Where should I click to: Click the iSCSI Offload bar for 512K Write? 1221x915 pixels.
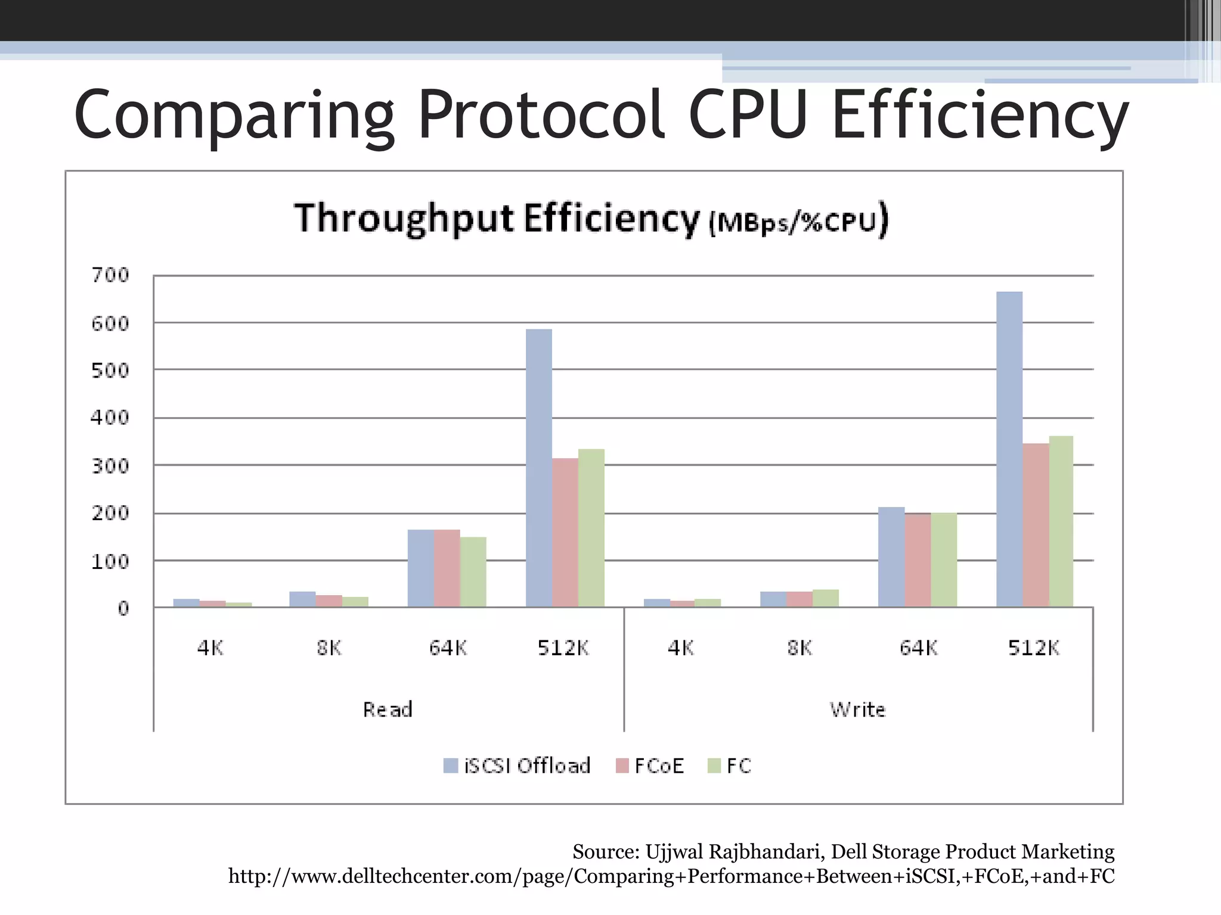click(1009, 450)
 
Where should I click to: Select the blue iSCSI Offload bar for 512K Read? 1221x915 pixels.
click(539, 468)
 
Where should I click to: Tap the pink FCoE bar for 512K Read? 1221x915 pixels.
click(565, 533)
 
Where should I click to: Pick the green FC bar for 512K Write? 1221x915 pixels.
click(1061, 522)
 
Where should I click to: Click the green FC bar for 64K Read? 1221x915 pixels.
click(473, 572)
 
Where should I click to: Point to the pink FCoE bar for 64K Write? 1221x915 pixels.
click(918, 560)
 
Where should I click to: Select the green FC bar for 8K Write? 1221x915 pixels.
click(826, 598)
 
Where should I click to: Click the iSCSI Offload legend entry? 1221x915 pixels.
click(517, 765)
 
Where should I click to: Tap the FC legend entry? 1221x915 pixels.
click(730, 765)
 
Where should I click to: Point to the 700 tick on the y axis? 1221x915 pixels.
click(110, 275)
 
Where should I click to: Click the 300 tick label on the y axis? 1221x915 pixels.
click(110, 466)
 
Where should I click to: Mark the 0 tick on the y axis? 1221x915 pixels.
click(123, 609)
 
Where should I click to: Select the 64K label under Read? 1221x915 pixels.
click(448, 648)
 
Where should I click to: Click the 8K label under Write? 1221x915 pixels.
click(799, 648)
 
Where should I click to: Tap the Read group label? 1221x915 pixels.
click(388, 709)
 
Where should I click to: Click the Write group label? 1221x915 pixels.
click(857, 709)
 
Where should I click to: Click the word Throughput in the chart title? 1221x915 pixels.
click(404, 219)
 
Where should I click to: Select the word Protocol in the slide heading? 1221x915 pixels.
click(541, 114)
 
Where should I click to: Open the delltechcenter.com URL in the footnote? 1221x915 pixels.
click(671, 876)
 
